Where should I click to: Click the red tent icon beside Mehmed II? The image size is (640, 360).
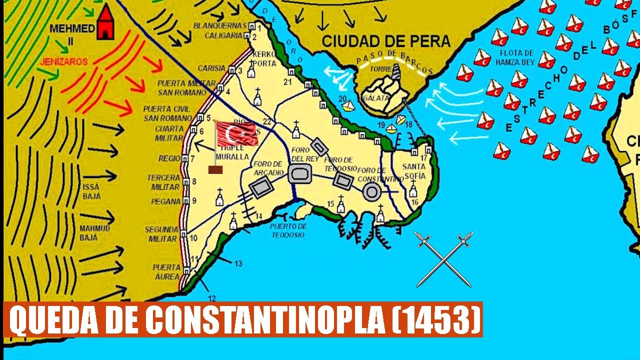pyautogui.click(x=105, y=23)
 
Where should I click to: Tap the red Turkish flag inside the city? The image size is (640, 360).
pyautogui.click(x=237, y=133)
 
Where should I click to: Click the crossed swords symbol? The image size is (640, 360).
pyautogui.click(x=444, y=259)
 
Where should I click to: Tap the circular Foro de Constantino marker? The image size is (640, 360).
pyautogui.click(x=371, y=191)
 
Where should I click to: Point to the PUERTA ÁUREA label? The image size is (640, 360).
pyautogui.click(x=166, y=271)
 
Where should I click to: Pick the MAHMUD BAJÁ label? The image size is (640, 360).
pyautogui.click(x=90, y=233)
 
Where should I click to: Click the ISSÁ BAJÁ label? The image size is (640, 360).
pyautogui.click(x=90, y=191)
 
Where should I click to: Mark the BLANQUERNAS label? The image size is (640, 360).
pyautogui.click(x=219, y=25)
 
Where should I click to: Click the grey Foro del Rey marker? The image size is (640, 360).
pyautogui.click(x=299, y=173)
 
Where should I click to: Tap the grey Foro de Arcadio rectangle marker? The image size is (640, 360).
pyautogui.click(x=260, y=189)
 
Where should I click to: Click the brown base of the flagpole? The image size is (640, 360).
pyautogui.click(x=215, y=169)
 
